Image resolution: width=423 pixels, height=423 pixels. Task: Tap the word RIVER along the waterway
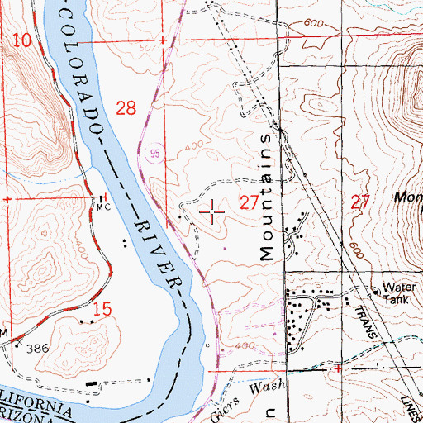coord(156,248)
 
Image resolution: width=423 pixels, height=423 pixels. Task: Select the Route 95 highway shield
coord(154,153)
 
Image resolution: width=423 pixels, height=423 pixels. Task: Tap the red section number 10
coord(23,39)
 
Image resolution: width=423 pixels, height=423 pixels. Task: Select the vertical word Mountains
coord(266,195)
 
